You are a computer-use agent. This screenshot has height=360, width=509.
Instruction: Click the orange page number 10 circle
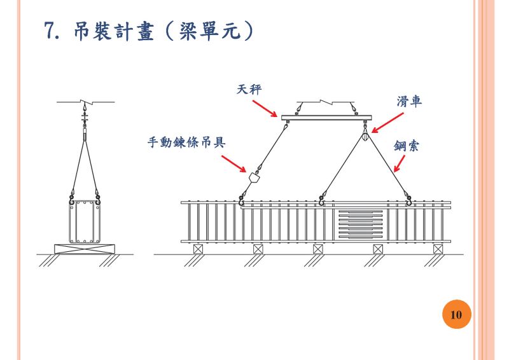[x=456, y=315]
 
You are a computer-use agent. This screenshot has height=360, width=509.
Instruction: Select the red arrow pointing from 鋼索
[x=399, y=164]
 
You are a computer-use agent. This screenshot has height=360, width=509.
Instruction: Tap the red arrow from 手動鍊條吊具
[x=236, y=163]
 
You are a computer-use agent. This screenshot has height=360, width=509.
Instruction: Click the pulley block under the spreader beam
[x=365, y=135]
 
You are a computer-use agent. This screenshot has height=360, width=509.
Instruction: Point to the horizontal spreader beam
[x=324, y=116]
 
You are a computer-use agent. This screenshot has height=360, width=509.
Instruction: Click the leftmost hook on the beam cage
[x=242, y=202]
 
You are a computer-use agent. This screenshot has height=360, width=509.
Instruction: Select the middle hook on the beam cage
[x=322, y=202]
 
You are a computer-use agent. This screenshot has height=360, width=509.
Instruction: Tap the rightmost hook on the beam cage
[x=408, y=202]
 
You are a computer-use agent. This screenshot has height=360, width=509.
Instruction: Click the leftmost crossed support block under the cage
[x=198, y=248]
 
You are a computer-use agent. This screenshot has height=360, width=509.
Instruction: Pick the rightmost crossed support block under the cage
[x=438, y=248]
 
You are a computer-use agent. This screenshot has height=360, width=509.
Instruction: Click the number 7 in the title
[x=52, y=30]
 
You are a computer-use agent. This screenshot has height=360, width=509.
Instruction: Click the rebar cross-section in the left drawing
[x=85, y=221]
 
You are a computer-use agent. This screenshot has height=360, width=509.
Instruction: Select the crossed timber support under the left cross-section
[x=85, y=247]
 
